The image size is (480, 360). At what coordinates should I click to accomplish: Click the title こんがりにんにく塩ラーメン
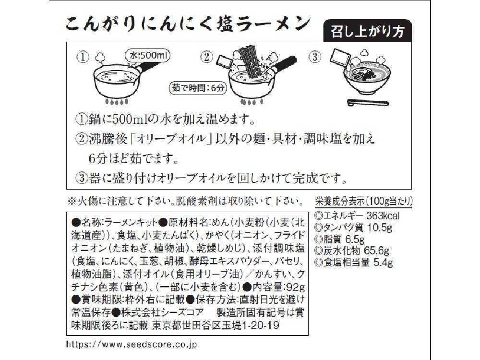[x=187, y=24]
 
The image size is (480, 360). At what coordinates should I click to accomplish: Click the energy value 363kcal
[x=382, y=216]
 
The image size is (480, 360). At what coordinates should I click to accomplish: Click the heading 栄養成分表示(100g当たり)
[x=364, y=201]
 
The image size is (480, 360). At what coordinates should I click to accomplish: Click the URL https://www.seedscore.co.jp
[x=131, y=344]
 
